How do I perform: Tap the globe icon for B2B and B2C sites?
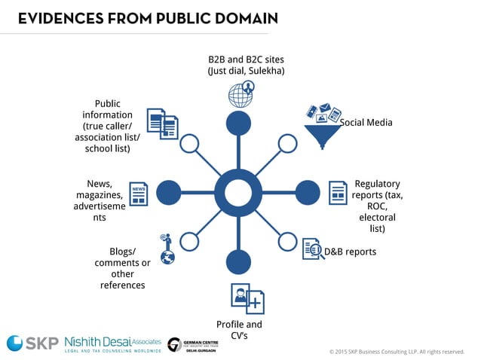tap(240, 94)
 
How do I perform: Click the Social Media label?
tap(366, 122)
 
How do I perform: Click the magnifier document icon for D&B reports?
tap(313, 249)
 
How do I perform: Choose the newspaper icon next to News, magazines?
tap(138, 194)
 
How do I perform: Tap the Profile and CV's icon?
tap(248, 299)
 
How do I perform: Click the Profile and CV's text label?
tap(239, 330)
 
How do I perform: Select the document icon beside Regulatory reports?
tap(336, 194)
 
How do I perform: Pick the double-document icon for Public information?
tap(162, 124)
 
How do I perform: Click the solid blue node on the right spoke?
tap(308, 192)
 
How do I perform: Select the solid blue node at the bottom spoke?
tap(238, 261)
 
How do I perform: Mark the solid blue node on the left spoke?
tap(169, 192)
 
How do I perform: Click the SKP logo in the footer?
tap(32, 343)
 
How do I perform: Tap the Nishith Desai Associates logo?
tap(112, 343)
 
